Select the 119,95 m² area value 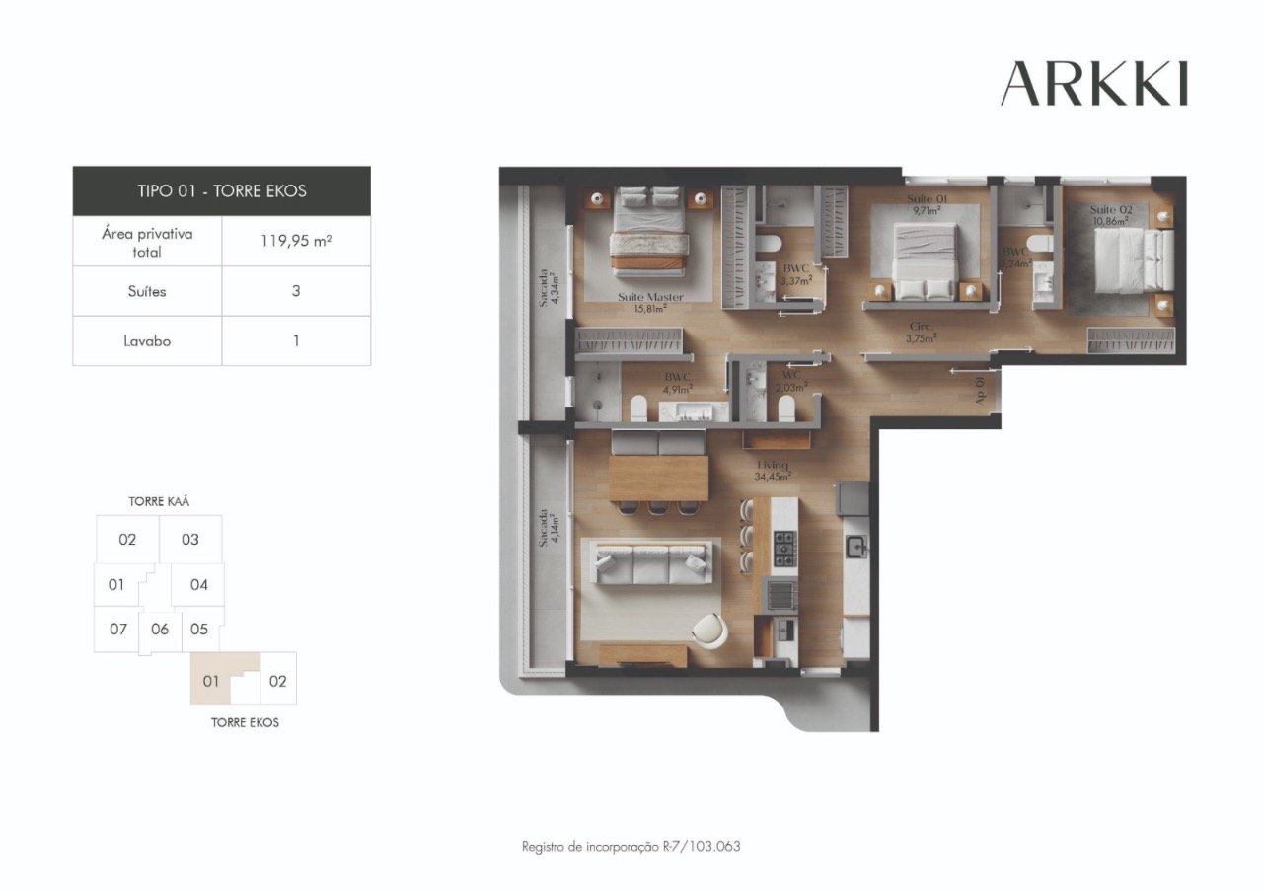click(296, 241)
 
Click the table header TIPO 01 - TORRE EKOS click(222, 190)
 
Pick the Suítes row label click(147, 291)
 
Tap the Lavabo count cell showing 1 click(296, 341)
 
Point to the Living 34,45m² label click(773, 470)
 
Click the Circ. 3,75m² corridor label click(922, 332)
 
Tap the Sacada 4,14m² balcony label click(545, 533)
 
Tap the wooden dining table click(658, 478)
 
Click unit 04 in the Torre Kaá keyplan click(198, 585)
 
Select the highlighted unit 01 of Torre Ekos click(210, 681)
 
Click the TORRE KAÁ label click(159, 501)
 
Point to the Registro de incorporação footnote click(631, 847)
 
